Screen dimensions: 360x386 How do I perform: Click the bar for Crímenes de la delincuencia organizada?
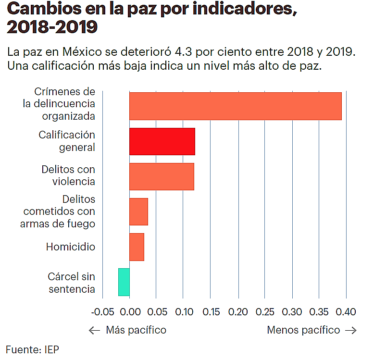(235, 106)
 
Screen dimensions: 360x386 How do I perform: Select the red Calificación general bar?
(162, 142)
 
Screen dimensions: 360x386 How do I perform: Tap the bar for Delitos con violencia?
(162, 176)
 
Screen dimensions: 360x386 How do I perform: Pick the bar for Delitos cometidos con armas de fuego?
(138, 211)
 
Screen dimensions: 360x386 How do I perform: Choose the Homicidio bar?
(137, 247)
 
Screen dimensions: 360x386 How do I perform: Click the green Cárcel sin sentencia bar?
(124, 282)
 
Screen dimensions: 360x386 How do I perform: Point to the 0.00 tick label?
(129, 312)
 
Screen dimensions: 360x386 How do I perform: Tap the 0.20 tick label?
(238, 312)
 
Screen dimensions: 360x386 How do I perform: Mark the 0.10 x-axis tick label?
(184, 312)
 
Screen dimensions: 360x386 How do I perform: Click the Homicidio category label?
(71, 247)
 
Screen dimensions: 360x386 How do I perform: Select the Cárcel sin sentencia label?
(72, 283)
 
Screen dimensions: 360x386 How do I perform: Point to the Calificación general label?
(67, 141)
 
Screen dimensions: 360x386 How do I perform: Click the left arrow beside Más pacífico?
(95, 330)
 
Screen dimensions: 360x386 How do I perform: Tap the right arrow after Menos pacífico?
(351, 330)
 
